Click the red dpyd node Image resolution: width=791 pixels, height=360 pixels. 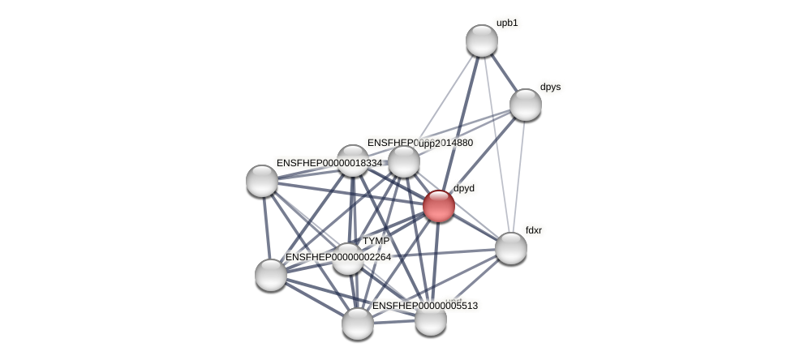point(439,206)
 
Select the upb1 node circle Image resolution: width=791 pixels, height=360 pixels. point(482,41)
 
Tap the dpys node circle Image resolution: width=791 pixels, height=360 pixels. point(526,105)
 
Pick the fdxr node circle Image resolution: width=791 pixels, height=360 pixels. point(511,248)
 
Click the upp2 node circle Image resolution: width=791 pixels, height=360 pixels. point(404,161)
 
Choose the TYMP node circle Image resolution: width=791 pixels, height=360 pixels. point(348,259)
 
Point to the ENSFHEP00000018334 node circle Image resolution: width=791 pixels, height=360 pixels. point(262,181)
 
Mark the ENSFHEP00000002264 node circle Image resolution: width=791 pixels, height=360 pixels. point(271,275)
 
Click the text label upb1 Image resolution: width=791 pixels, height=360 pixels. point(507,23)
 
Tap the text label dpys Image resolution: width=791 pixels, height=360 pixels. point(550,87)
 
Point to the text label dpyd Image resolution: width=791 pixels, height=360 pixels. point(464,188)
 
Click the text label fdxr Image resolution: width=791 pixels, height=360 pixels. point(533,230)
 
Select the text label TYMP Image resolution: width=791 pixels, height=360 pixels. point(376,241)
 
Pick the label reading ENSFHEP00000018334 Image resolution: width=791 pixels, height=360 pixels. point(329,163)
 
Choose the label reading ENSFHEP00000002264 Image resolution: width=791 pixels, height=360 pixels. point(337,257)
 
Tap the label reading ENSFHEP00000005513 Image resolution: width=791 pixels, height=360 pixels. point(424,306)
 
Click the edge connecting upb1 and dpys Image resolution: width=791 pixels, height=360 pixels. point(504,73)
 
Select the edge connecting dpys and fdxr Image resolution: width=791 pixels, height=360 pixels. point(518,177)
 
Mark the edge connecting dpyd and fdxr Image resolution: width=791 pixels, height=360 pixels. point(475,227)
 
